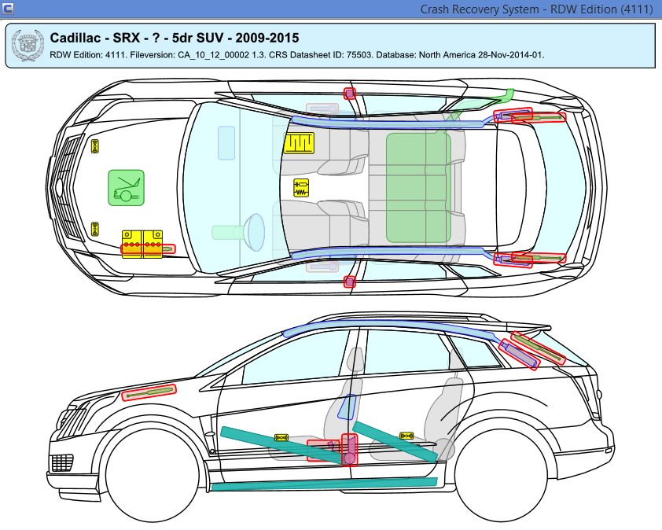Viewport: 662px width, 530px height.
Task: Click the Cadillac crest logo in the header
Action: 28,46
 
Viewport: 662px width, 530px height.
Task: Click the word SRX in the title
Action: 126,38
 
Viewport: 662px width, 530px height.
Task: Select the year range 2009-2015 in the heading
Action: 267,38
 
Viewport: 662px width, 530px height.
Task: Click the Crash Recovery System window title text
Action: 480,9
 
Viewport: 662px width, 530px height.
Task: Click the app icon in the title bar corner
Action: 8,8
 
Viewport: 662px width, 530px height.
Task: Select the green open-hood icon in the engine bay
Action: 126,188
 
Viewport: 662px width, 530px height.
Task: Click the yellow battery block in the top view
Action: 142,244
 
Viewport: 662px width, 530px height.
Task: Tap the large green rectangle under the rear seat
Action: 418,188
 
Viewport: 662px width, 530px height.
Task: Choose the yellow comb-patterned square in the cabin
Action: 299,143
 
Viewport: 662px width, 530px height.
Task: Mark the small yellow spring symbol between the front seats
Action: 301,188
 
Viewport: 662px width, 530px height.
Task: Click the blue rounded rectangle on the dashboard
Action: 226,143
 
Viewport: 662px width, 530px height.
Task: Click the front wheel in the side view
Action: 152,473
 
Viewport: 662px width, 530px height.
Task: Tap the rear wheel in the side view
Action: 501,473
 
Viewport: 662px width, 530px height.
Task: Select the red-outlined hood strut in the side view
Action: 149,393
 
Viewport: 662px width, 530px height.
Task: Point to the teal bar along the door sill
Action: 324,484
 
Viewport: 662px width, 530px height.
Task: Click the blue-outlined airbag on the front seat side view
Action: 347,407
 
